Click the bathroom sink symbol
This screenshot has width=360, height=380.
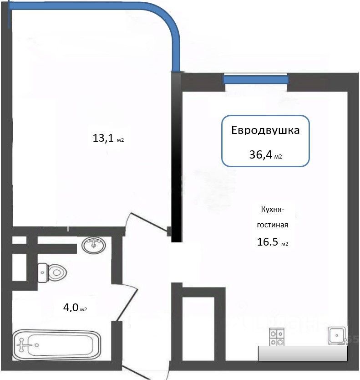coord(94,245)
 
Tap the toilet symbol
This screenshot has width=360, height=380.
coord(52,272)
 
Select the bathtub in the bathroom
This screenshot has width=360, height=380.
coord(56,344)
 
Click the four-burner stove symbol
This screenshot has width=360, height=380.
coord(277,337)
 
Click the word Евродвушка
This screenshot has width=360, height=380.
coord(266,130)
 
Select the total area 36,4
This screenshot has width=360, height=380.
coord(261,154)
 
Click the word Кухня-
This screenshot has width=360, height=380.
coord(272,209)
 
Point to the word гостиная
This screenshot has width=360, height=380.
coord(273,225)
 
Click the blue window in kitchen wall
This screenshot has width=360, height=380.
coord(256,79)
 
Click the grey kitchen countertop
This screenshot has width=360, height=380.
coord(303,353)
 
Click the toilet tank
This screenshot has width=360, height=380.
coord(43,273)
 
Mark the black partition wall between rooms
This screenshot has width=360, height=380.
coord(176,157)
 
